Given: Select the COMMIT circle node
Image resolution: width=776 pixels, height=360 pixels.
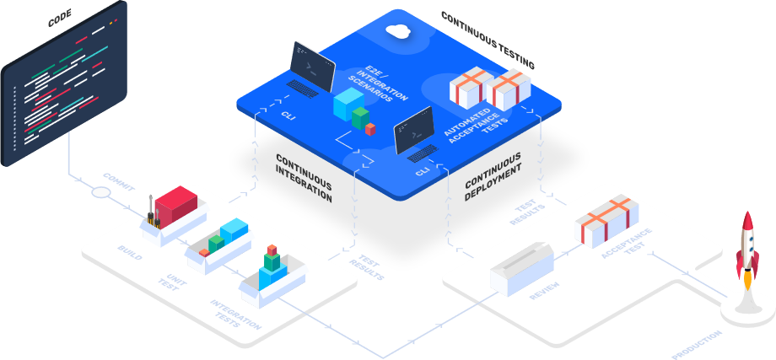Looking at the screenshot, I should coord(100,192).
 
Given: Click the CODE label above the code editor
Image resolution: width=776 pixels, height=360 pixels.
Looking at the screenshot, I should coord(62,17).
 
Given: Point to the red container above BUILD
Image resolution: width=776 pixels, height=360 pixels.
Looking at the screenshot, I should coord(175,204).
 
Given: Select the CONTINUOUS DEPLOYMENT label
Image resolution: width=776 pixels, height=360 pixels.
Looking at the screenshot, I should coord(493,177).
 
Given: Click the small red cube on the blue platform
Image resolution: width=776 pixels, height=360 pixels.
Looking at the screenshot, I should coord(370,128).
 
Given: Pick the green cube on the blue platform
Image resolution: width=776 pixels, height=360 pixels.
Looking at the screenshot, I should coord(361,117).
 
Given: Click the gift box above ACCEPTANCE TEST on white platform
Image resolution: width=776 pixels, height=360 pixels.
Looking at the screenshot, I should coord(603,221).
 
